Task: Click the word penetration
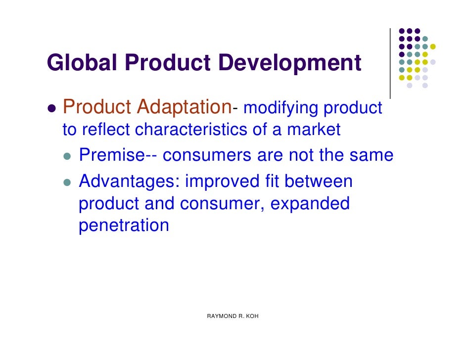[x=124, y=226]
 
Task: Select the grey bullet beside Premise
[x=68, y=156]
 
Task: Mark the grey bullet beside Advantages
[x=68, y=182]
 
